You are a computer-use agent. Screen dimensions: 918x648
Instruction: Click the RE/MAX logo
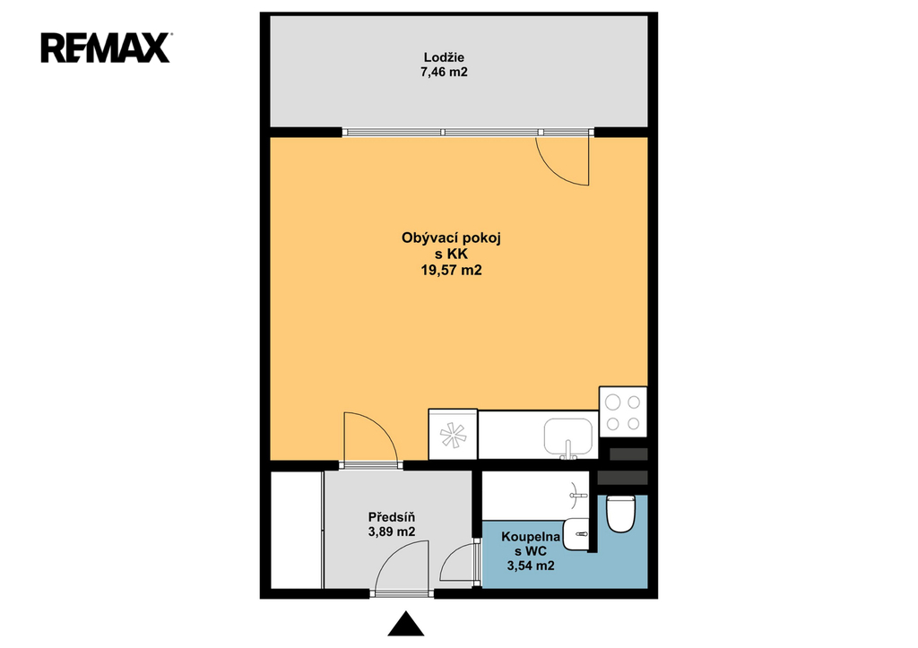point(106,48)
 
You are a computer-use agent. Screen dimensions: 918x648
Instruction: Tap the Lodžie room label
point(444,57)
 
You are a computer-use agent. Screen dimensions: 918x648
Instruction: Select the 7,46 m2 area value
point(444,72)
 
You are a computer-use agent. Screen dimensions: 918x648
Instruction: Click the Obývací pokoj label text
point(451,238)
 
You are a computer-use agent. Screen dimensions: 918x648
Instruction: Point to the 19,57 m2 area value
point(451,270)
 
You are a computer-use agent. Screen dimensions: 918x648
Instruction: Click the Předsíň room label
point(391,517)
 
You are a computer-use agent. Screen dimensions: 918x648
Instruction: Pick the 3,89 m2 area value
point(391,531)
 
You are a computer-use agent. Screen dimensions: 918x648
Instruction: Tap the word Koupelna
point(531,537)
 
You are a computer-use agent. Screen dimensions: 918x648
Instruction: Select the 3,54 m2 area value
point(531,566)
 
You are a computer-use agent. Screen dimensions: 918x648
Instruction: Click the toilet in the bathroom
point(620,514)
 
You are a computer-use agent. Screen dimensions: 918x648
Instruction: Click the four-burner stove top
point(623,411)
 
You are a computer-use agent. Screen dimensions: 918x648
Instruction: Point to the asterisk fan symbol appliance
point(453,435)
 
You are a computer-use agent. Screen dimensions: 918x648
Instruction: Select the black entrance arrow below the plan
point(406,624)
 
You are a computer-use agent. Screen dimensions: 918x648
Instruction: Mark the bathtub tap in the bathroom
point(578,496)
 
